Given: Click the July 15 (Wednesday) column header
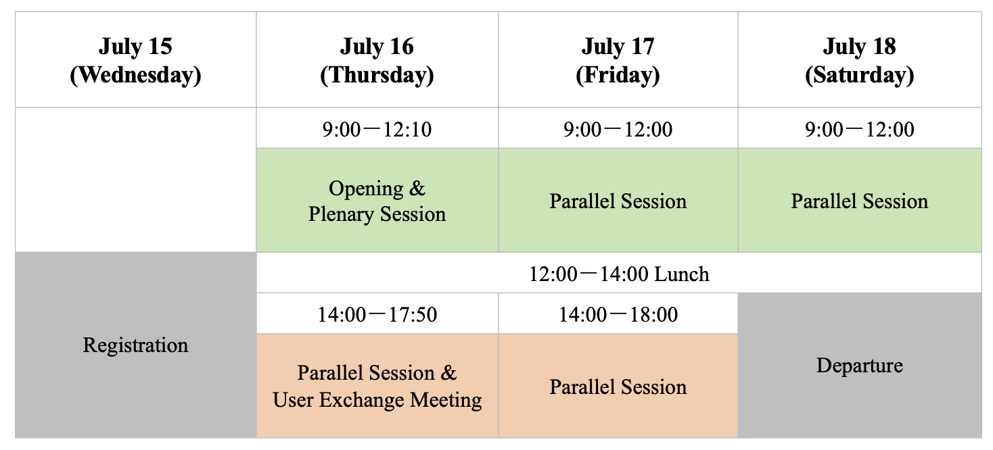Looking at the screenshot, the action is [x=136, y=59].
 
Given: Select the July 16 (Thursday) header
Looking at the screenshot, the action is [x=377, y=59].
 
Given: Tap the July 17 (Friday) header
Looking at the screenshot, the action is [x=618, y=59].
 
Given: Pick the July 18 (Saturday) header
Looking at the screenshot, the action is [x=860, y=59].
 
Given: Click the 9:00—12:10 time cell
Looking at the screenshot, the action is [x=377, y=128].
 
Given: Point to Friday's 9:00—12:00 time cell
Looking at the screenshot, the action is [x=618, y=128].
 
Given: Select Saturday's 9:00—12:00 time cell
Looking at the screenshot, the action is [x=860, y=128].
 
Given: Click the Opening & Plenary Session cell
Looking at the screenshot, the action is [x=377, y=200].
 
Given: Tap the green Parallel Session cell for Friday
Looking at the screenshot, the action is [x=618, y=200].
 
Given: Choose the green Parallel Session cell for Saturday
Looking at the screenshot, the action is [x=860, y=200].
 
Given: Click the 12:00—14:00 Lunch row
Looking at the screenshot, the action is [x=619, y=273].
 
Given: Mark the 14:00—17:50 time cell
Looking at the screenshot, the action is [x=377, y=314].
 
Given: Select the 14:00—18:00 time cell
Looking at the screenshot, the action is [x=618, y=314].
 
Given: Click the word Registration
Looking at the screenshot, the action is [x=136, y=345].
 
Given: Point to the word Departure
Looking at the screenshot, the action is [x=860, y=366].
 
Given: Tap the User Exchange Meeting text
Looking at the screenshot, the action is [x=377, y=400].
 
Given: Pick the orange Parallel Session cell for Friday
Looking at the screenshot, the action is [x=618, y=386].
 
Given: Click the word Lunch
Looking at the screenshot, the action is [x=682, y=274].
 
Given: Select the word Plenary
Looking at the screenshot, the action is [x=341, y=215].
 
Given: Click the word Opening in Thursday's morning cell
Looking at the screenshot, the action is [x=366, y=189].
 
